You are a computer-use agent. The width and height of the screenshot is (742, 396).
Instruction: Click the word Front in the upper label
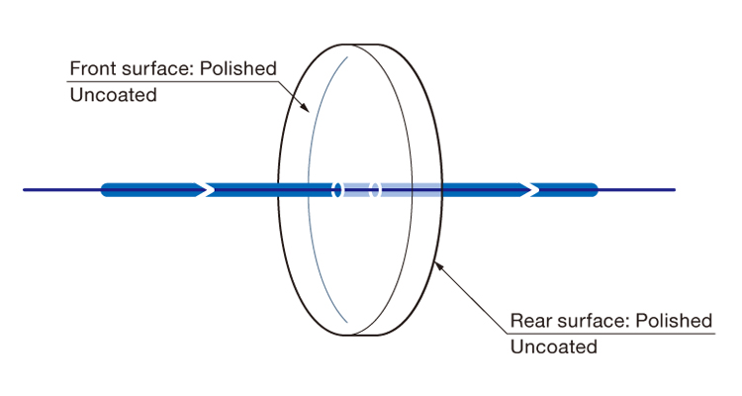[93, 68]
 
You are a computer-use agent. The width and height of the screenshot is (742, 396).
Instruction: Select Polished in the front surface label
[238, 68]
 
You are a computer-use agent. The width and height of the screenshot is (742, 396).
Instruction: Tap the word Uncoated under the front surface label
[113, 95]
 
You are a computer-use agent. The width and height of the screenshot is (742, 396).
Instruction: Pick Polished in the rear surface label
[674, 321]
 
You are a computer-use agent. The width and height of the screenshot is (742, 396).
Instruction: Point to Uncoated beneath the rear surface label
[554, 347]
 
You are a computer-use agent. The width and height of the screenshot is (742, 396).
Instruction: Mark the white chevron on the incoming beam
[207, 190]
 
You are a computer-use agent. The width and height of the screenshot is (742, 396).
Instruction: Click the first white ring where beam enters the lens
[337, 190]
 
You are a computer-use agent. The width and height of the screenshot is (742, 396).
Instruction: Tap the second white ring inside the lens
[375, 190]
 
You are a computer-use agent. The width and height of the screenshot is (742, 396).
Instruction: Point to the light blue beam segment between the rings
[356, 190]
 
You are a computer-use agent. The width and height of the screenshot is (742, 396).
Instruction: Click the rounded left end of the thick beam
[103, 190]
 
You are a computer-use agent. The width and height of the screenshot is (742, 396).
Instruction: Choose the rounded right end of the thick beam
[596, 190]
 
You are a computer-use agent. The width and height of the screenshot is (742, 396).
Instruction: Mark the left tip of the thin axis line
[23, 190]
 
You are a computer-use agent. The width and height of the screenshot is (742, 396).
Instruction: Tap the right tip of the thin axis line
[676, 190]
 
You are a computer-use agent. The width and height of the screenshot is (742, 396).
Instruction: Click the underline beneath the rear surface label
[611, 334]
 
